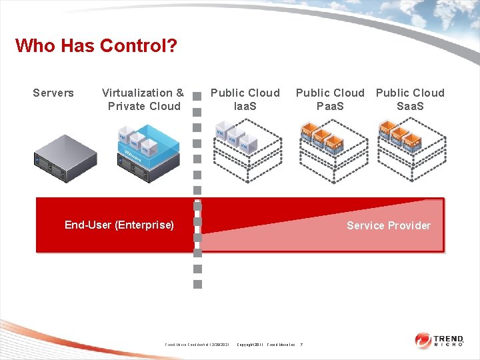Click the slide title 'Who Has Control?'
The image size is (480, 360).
(96, 46)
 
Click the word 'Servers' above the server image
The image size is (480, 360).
(53, 93)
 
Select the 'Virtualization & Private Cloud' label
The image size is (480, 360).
(143, 99)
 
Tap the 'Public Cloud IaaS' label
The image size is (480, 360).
(245, 99)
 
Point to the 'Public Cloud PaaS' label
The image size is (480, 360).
(330, 99)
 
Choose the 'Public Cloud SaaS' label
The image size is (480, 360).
(410, 99)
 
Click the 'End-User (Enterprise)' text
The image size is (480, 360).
(119, 225)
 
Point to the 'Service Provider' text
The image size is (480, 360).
(388, 225)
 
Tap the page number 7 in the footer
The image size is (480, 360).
(301, 345)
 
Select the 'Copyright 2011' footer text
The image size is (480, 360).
(251, 345)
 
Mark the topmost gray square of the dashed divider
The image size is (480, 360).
(197, 95)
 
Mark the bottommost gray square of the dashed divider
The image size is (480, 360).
(197, 284)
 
